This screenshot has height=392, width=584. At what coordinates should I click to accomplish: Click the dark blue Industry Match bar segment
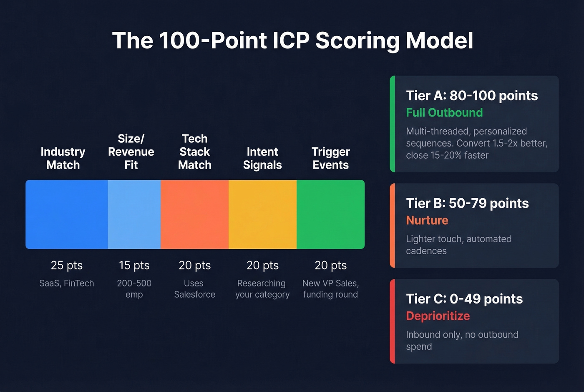pyautogui.click(x=67, y=214)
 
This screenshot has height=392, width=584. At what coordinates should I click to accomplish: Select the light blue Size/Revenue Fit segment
pyautogui.click(x=134, y=214)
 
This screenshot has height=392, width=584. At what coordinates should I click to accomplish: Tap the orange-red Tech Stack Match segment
pyautogui.click(x=195, y=214)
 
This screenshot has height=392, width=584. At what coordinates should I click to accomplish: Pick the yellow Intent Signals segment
pyautogui.click(x=263, y=214)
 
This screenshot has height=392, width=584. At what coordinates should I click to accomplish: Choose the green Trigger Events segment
pyautogui.click(x=330, y=214)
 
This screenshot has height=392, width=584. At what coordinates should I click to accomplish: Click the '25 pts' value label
pyautogui.click(x=67, y=266)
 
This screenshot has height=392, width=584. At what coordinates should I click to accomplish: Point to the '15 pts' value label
pyautogui.click(x=134, y=266)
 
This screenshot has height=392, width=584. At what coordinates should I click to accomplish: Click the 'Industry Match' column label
pyautogui.click(x=63, y=158)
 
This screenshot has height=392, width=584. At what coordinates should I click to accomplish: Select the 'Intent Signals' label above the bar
pyautogui.click(x=262, y=158)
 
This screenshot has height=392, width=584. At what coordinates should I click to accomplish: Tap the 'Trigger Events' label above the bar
pyautogui.click(x=330, y=158)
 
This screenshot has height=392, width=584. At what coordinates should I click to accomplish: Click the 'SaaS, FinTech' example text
pyautogui.click(x=67, y=283)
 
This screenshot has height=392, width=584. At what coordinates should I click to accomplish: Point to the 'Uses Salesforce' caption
pyautogui.click(x=194, y=289)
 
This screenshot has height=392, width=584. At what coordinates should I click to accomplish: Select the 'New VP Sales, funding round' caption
pyautogui.click(x=330, y=289)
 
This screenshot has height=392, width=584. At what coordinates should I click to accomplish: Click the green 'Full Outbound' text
pyautogui.click(x=444, y=113)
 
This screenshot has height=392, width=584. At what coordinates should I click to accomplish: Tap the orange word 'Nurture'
pyautogui.click(x=427, y=220)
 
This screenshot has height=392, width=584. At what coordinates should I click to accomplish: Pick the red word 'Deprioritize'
pyautogui.click(x=438, y=316)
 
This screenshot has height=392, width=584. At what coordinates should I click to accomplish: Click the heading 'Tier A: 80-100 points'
pyautogui.click(x=472, y=96)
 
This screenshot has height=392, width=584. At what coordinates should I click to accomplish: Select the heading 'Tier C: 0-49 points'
pyautogui.click(x=464, y=299)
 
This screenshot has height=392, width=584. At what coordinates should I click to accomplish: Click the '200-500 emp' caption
pyautogui.click(x=134, y=289)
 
